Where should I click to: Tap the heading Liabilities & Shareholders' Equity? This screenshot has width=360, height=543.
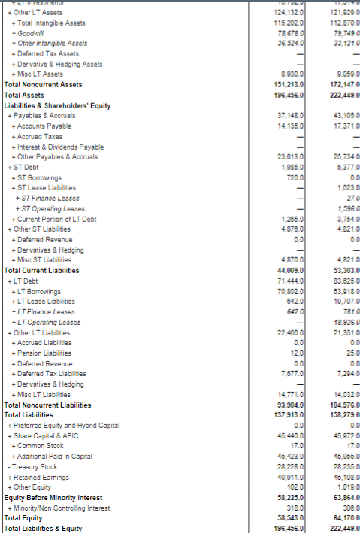[x=58, y=105]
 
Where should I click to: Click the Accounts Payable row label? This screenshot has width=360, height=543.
[x=42, y=126]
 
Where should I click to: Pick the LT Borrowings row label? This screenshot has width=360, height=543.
[x=37, y=291]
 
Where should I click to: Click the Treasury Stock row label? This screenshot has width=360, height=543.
[x=32, y=466]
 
